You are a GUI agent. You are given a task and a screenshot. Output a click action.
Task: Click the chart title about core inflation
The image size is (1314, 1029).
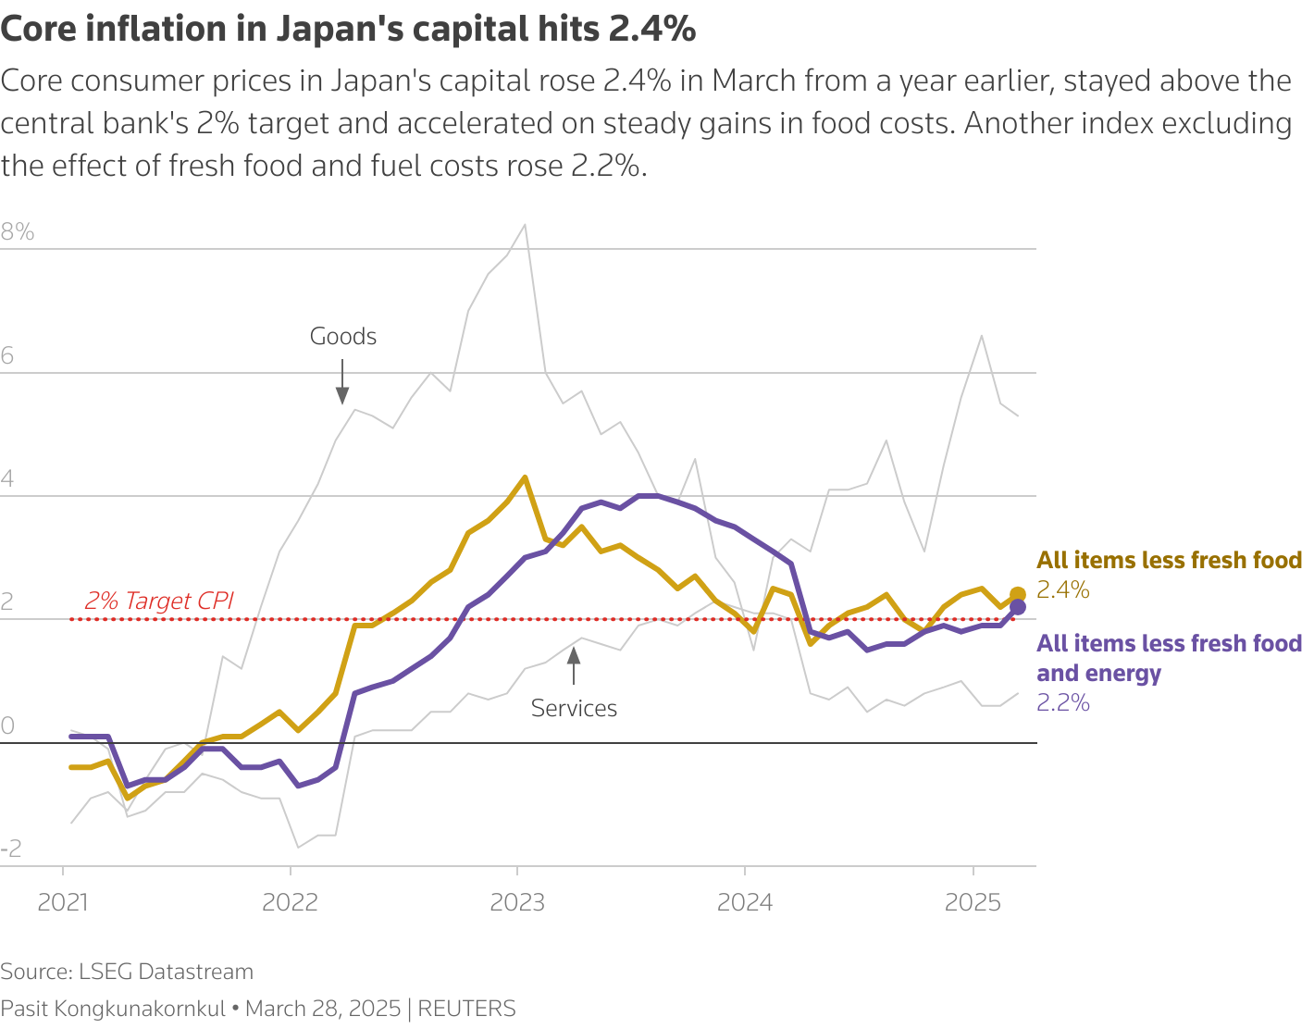click(348, 30)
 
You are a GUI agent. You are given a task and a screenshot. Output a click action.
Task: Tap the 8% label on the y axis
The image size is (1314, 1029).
click(18, 232)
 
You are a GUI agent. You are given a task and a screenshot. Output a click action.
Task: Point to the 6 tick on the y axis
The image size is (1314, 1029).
click(7, 356)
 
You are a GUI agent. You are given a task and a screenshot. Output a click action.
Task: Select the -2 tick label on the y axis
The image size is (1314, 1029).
click(11, 849)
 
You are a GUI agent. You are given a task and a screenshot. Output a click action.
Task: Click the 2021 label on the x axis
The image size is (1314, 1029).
click(63, 902)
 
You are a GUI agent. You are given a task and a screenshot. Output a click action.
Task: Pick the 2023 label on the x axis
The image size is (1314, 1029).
click(517, 902)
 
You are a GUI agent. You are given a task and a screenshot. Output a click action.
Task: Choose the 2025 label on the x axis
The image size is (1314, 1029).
click(973, 902)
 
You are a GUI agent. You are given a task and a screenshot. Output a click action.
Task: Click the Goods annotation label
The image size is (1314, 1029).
click(343, 337)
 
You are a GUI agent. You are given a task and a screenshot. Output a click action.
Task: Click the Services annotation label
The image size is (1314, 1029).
click(574, 709)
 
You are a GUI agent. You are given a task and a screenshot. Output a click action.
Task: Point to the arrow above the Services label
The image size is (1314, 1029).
click(574, 665)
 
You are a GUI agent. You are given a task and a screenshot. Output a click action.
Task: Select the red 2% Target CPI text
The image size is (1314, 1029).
click(159, 601)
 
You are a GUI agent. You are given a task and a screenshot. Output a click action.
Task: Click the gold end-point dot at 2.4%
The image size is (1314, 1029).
click(1017, 595)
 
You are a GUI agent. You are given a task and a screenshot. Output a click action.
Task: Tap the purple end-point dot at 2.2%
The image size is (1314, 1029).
click(1017, 607)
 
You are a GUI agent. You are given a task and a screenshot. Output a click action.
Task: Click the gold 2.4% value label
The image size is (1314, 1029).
click(1063, 590)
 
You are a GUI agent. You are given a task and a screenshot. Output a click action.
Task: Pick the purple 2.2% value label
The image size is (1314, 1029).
click(1063, 703)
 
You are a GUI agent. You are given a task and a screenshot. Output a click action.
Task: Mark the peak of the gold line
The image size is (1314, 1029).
click(525, 477)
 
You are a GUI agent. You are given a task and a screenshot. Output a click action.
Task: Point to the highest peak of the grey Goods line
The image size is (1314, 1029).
click(525, 225)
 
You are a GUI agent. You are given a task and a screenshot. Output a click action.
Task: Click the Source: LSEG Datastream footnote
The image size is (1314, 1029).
click(127, 972)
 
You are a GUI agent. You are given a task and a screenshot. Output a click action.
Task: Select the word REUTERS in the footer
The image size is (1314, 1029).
click(467, 1009)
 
